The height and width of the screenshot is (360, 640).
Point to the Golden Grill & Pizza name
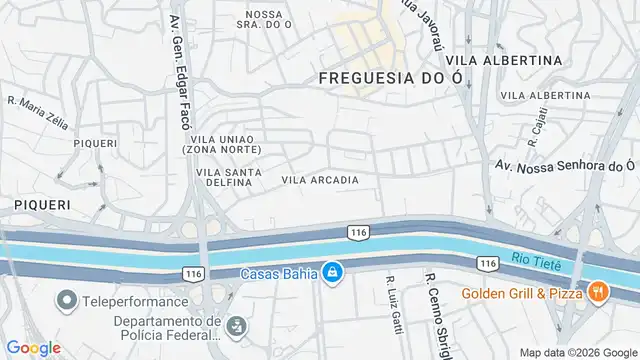coord(522,293)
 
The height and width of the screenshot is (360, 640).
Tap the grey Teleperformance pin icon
coord(68,300)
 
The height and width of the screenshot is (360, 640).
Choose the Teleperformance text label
coord(136,301)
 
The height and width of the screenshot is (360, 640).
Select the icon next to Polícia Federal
coord(237,325)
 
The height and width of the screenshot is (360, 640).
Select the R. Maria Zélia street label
coord(38,113)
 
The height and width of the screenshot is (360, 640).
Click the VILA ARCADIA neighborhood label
coord(320,180)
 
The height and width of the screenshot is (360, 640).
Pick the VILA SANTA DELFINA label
coord(230,176)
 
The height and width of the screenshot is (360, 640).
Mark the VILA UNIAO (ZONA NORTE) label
coord(222,144)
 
